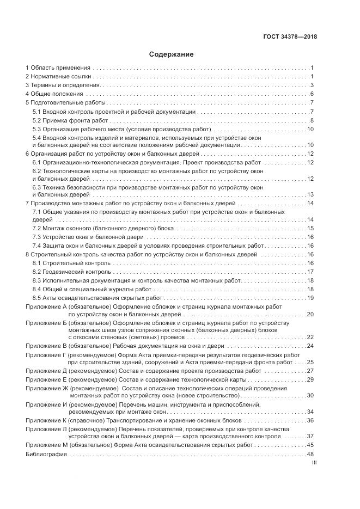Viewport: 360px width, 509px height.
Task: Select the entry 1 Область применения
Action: tap(58, 68)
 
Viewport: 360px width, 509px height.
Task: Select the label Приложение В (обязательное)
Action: tap(69, 346)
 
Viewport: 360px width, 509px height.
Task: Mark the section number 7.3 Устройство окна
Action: tap(38, 237)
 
